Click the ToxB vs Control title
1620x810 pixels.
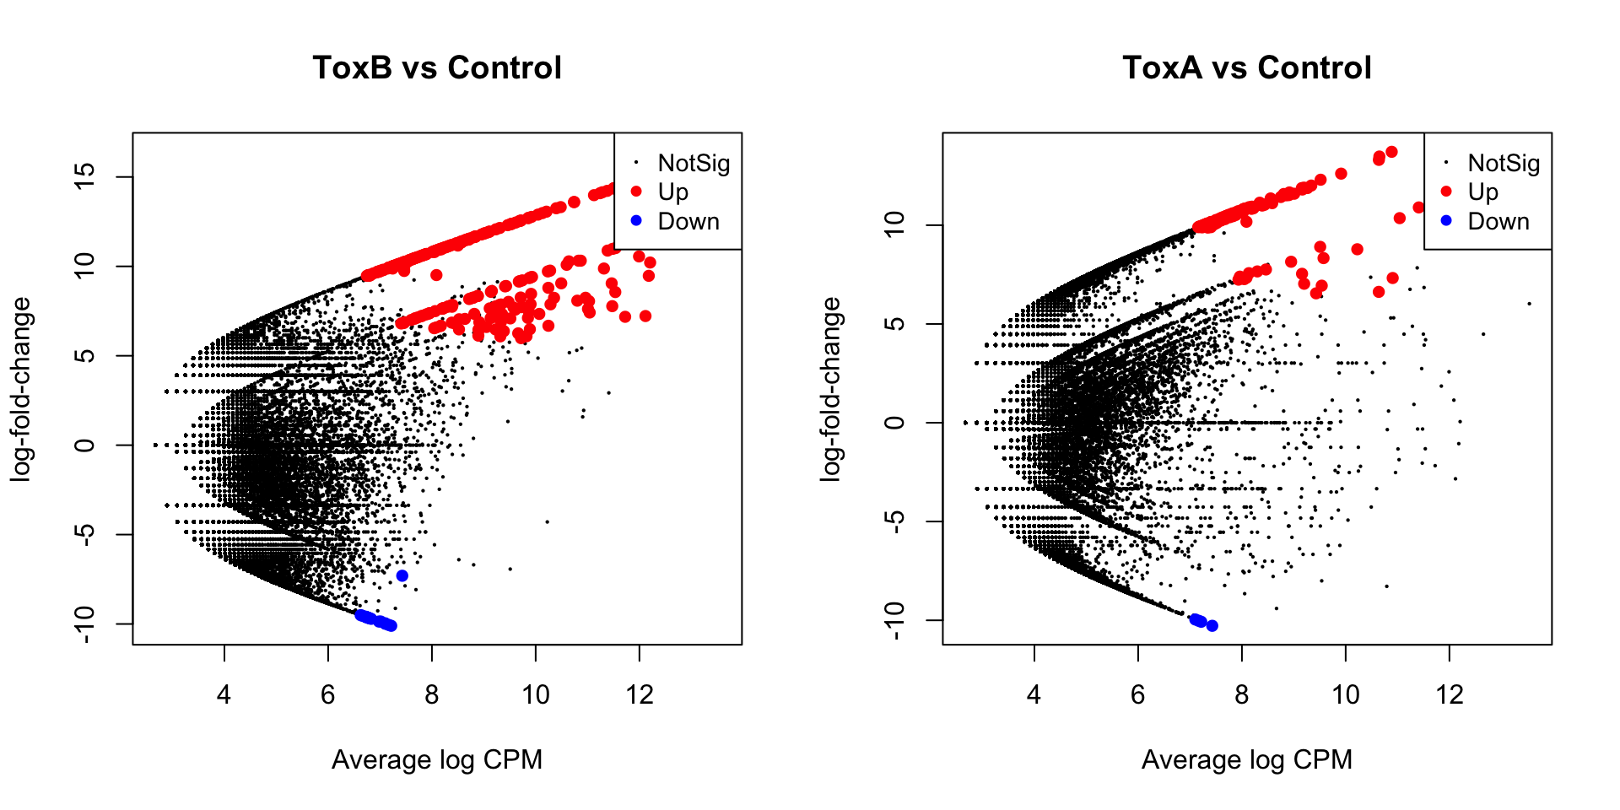[437, 67]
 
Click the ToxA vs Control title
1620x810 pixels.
[1247, 67]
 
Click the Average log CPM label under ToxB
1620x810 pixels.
[437, 759]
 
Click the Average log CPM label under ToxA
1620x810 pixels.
[1247, 759]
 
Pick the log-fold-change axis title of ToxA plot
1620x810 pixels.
[831, 389]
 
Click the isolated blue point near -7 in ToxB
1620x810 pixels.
[402, 576]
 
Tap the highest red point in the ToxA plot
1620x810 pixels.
[1391, 152]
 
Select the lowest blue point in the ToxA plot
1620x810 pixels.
[1212, 626]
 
